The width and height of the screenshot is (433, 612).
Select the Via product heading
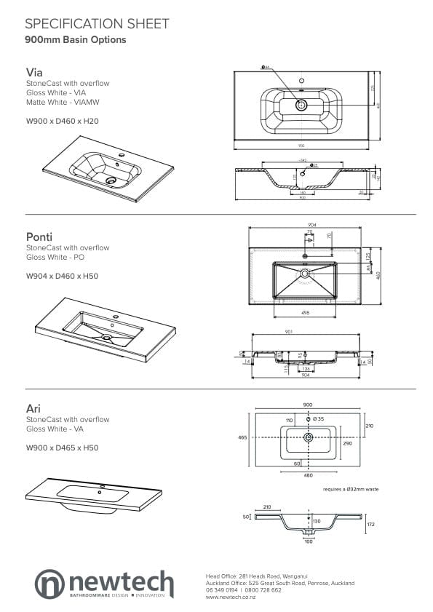click(x=33, y=73)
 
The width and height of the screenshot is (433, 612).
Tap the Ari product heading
click(x=33, y=408)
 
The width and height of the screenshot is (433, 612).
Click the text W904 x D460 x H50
click(x=62, y=276)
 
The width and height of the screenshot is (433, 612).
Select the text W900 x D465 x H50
click(x=62, y=448)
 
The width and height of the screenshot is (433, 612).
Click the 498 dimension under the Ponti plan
click(x=306, y=314)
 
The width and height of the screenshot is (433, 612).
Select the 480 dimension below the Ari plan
click(x=308, y=476)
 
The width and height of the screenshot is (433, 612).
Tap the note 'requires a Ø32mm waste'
click(x=351, y=489)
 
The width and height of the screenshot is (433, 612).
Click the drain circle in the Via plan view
click(x=301, y=106)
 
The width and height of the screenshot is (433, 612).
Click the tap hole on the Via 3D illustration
click(x=122, y=156)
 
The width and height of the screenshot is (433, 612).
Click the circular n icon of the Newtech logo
click(x=49, y=584)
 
